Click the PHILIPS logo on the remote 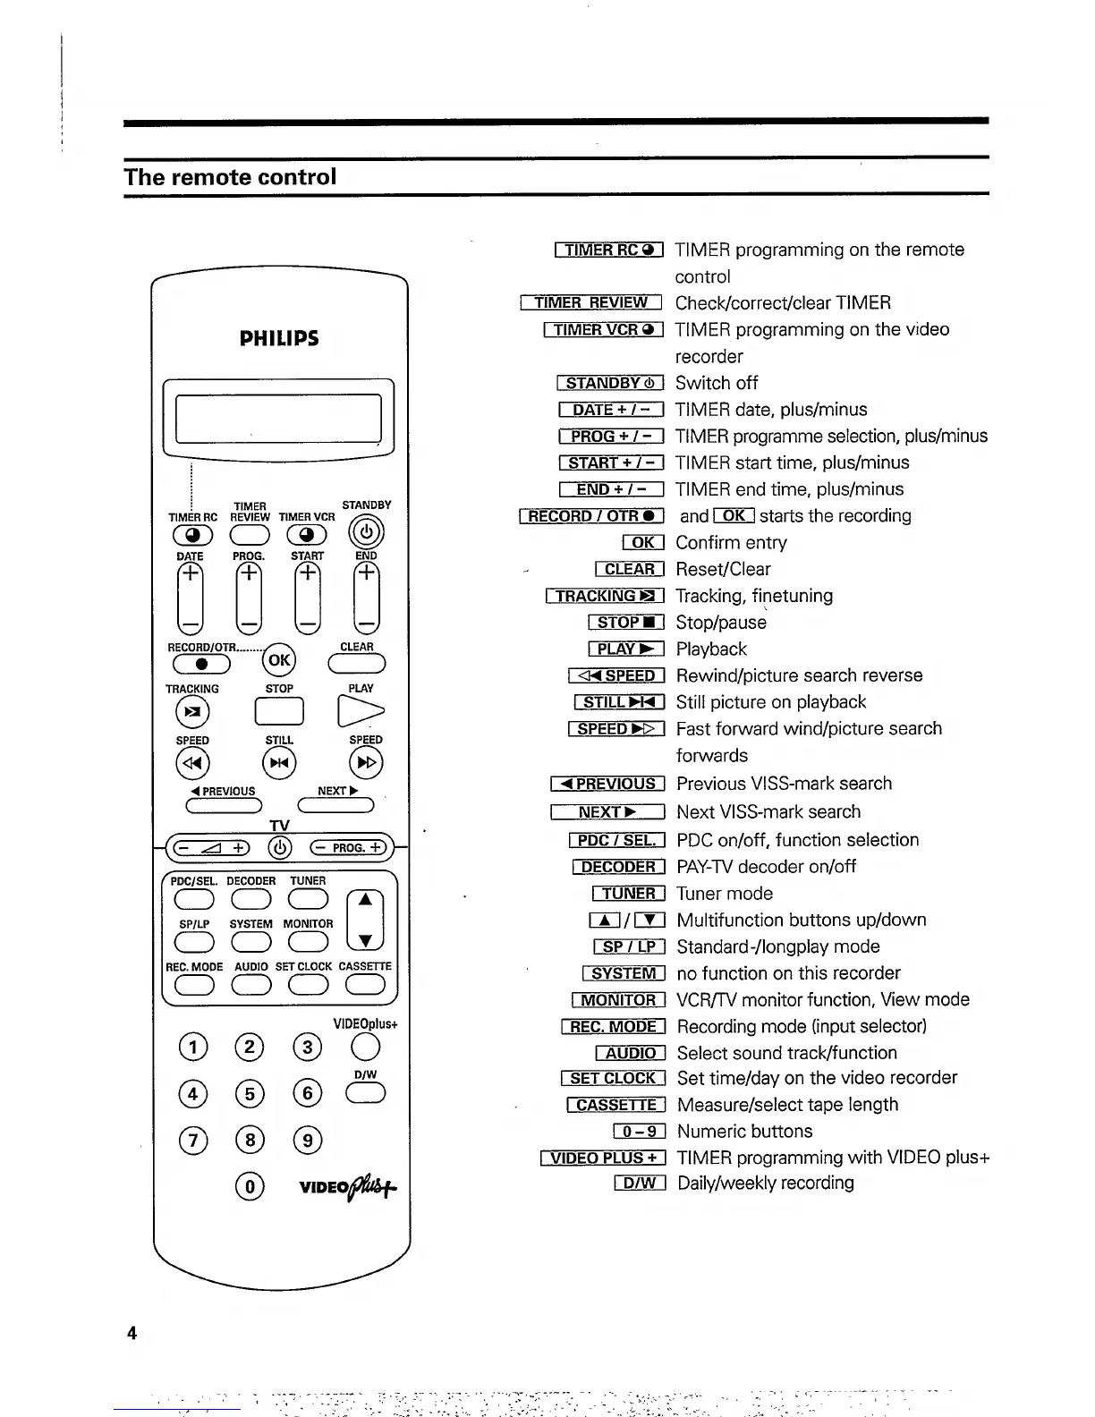click(x=279, y=338)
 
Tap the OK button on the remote click(x=279, y=660)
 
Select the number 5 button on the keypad click(x=250, y=1093)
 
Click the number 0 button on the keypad click(x=250, y=1186)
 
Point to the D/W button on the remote click(x=367, y=1093)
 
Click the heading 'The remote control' click(x=231, y=177)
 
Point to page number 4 click(x=132, y=1333)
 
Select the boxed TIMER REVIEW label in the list click(x=590, y=303)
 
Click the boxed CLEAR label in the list click(x=630, y=569)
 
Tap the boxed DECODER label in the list click(x=618, y=867)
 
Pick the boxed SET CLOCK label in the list click(x=614, y=1078)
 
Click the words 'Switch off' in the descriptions click(x=717, y=383)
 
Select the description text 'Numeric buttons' click(x=745, y=1131)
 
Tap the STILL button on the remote click(x=279, y=763)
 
